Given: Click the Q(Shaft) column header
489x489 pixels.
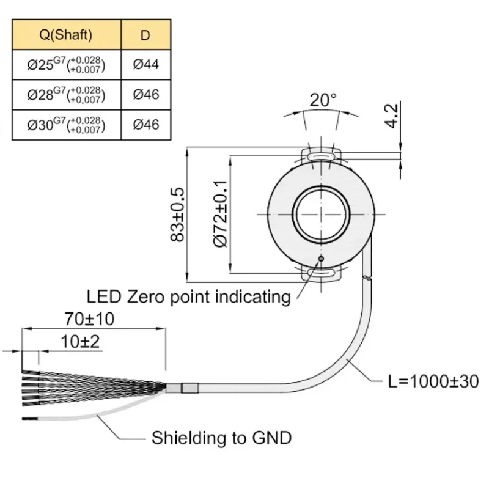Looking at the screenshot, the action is click(x=66, y=35).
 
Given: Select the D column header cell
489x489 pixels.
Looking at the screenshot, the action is click(x=145, y=35).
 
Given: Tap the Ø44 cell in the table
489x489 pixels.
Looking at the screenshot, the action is click(x=145, y=65).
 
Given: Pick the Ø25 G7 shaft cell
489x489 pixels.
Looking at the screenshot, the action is click(x=66, y=65).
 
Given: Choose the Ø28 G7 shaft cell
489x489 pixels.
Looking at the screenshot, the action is click(x=66, y=95).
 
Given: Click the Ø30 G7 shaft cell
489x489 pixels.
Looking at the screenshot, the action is click(x=66, y=125).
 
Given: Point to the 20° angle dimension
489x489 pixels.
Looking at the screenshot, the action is click(x=323, y=100).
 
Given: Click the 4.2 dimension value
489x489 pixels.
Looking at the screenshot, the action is click(x=391, y=116).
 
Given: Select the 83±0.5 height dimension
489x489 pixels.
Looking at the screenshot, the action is click(x=178, y=215).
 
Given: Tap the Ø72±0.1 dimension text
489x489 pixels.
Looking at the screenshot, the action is click(x=221, y=214).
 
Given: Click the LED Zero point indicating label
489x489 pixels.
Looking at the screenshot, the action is click(x=188, y=296).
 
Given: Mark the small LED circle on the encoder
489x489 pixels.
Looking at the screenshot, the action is click(x=321, y=258).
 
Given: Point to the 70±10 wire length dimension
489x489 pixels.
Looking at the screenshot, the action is click(x=89, y=318).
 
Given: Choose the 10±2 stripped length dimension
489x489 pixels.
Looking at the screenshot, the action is click(x=80, y=342).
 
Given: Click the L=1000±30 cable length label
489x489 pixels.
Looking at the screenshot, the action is click(x=433, y=381).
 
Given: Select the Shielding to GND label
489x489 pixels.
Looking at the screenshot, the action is click(x=221, y=438).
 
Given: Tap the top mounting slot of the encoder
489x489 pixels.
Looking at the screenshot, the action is click(x=321, y=156).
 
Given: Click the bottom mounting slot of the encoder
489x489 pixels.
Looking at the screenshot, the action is click(x=321, y=273).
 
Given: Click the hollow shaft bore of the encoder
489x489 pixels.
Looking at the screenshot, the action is click(x=321, y=215).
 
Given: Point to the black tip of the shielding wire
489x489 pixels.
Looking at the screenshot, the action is click(x=30, y=419).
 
